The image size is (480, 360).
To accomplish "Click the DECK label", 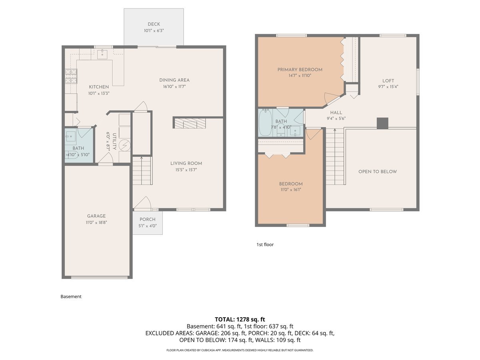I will point(154,24).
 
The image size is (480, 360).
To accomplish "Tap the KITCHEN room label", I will point(99,87).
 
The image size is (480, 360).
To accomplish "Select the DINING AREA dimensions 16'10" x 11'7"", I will point(174,86).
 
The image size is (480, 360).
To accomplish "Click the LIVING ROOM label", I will point(186,163).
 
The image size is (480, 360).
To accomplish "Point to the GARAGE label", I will point(96,216).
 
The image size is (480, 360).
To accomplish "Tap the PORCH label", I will point(147,219).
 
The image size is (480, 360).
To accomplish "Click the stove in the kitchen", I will point(71,76).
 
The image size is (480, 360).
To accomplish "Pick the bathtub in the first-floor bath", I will point(265,122).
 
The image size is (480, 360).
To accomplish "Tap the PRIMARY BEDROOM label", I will point(300,70).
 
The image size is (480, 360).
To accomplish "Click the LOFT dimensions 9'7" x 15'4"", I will point(388,86).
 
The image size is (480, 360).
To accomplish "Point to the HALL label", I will point(336,113).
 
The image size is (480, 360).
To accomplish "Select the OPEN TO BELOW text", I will point(378,172).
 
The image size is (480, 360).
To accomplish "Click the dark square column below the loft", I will point(382,123).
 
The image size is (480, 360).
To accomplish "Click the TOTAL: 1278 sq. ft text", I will point(240,319).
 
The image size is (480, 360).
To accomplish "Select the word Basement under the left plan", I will point(71,296).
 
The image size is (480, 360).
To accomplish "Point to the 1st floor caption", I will point(265,244).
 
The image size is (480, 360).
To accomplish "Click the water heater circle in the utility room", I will point(125,145).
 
